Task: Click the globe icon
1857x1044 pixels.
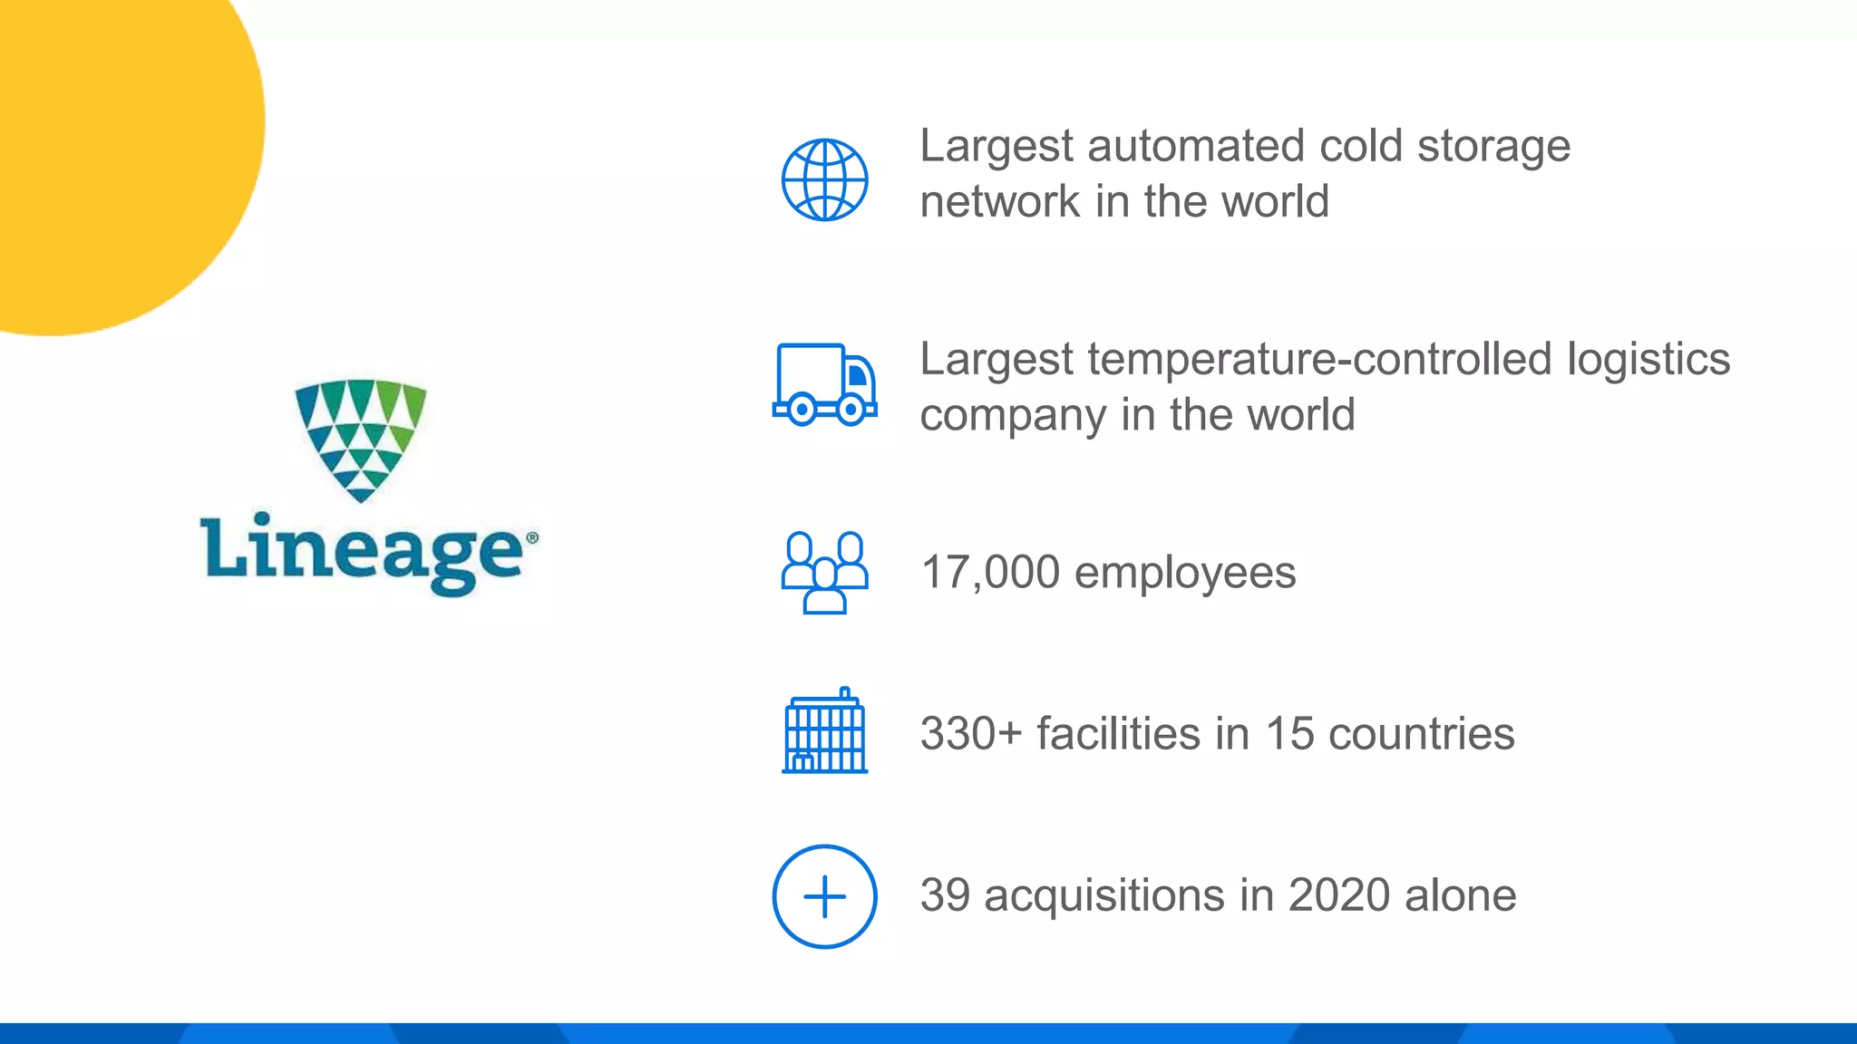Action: coord(824,179)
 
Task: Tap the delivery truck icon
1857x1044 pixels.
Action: coord(824,385)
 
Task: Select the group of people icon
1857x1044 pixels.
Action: coord(824,572)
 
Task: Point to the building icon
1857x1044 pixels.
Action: coord(824,731)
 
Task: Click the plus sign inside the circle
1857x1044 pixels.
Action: coord(824,897)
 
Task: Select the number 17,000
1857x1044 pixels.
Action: coord(990,573)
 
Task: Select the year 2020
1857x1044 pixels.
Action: coord(1339,895)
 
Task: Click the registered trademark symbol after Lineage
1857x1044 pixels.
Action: coord(532,538)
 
